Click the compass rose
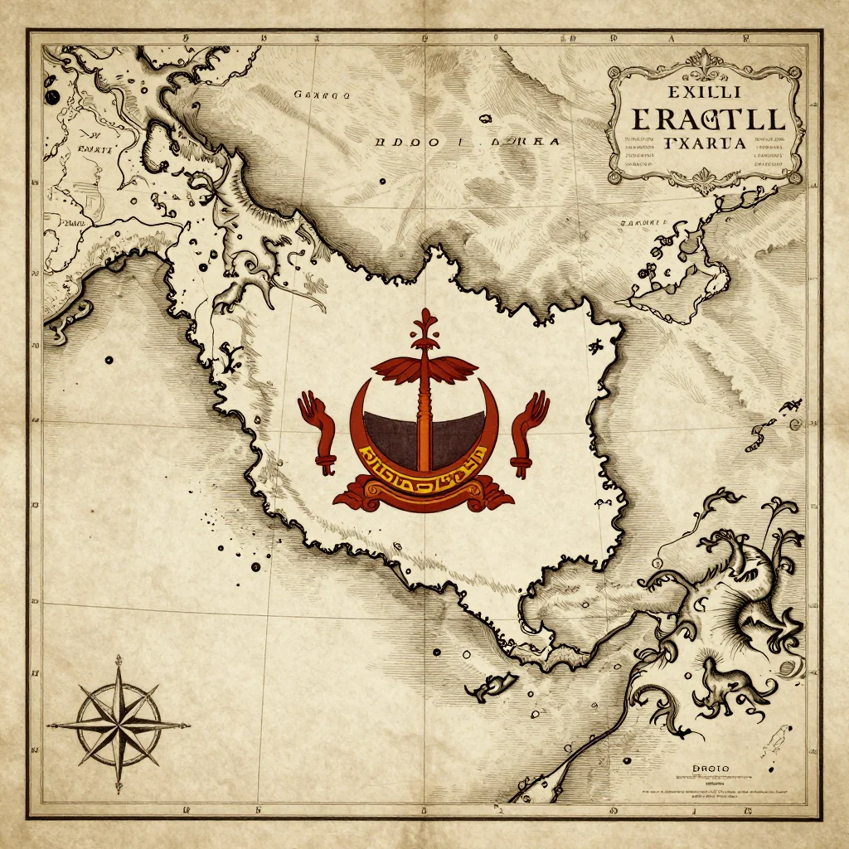point(119,722)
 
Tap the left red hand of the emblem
point(317,431)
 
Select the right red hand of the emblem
point(528,431)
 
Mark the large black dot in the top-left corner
point(51,97)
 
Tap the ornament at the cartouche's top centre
point(706,60)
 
